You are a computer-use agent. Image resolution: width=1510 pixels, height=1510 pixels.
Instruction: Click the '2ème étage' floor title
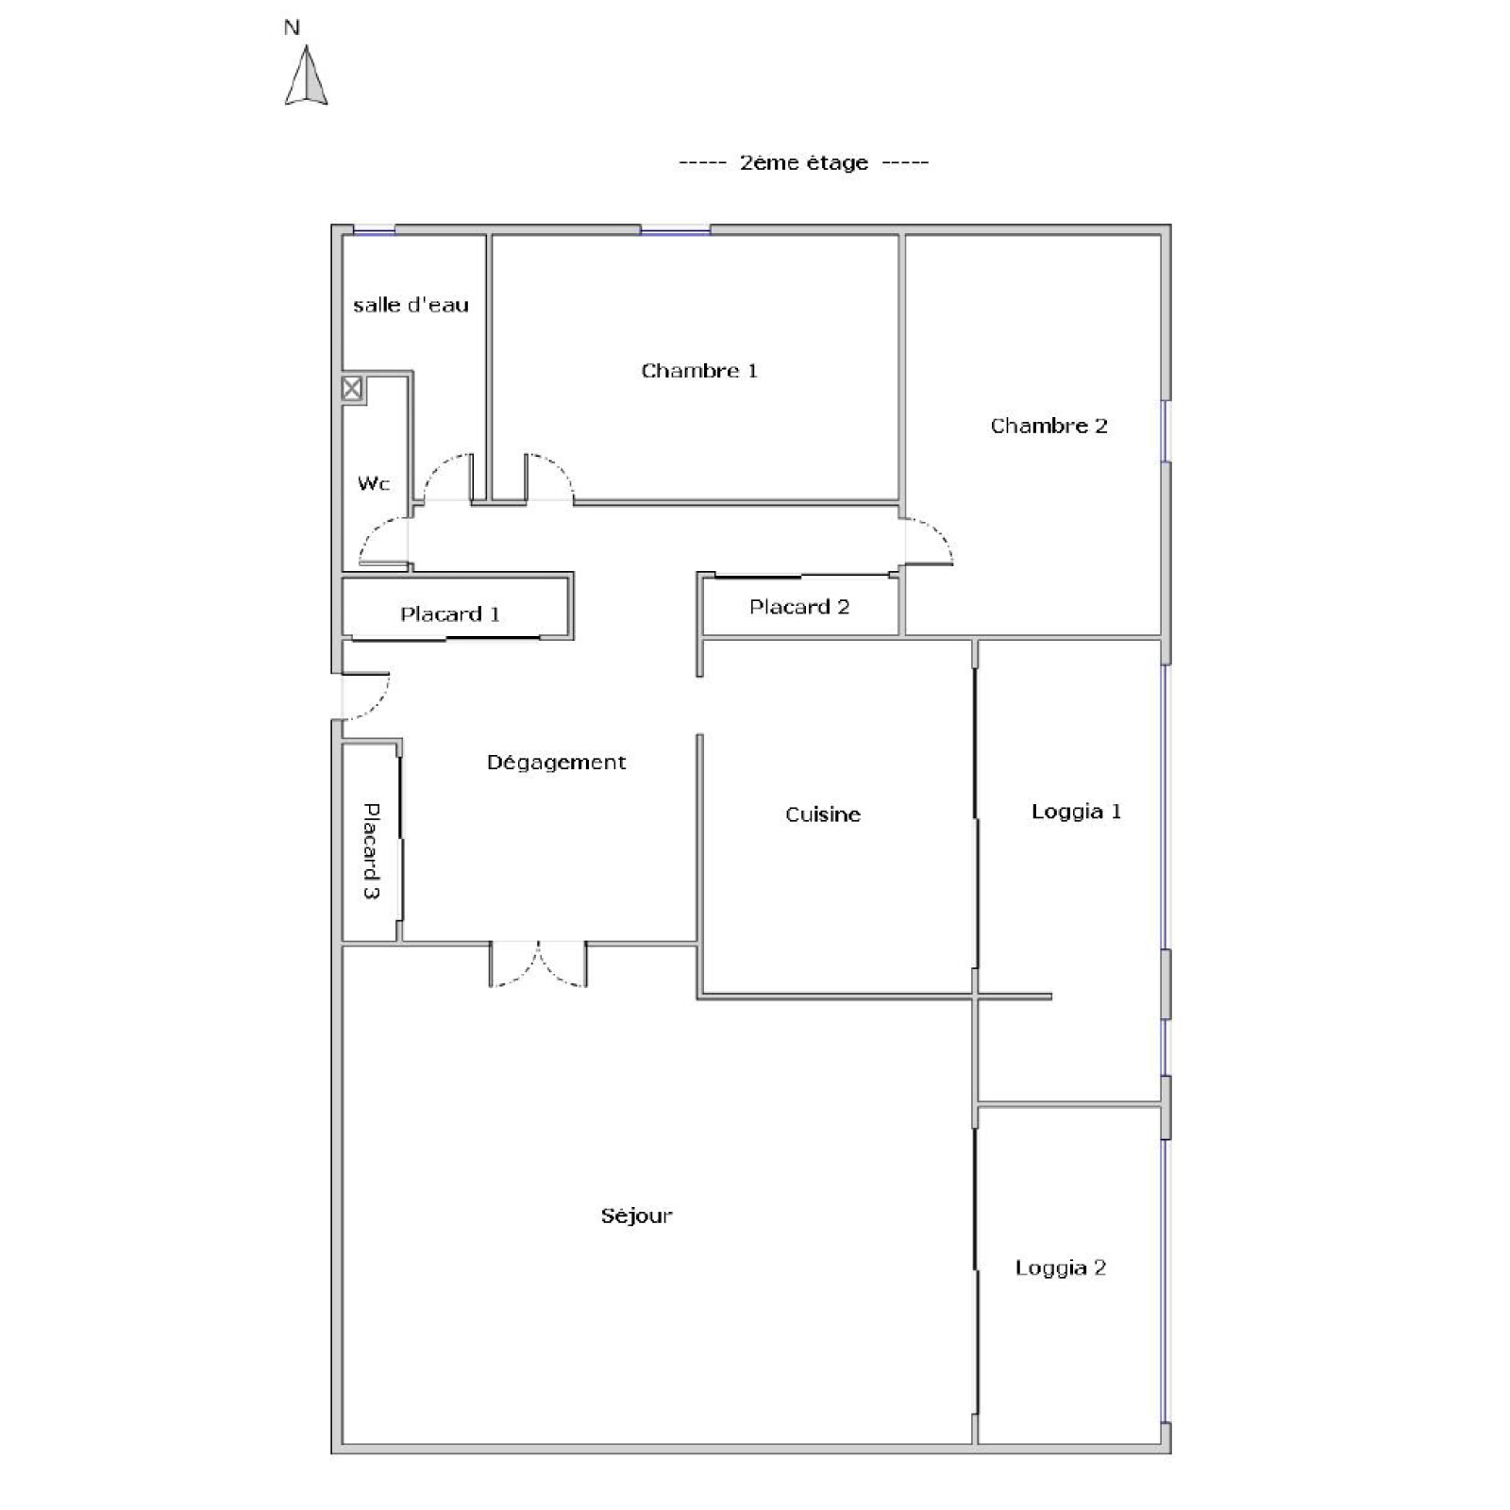[804, 162]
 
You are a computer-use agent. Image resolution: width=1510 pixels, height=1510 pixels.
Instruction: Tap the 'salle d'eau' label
[411, 305]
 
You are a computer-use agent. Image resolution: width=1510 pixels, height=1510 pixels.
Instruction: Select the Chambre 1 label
[699, 371]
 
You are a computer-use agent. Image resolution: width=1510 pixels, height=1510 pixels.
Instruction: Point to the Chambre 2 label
[1049, 426]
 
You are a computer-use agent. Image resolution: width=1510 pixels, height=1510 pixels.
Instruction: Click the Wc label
[374, 483]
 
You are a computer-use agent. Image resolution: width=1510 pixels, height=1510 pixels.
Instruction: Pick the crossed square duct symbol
[352, 388]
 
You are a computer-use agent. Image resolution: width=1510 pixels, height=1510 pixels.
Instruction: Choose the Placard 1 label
[450, 614]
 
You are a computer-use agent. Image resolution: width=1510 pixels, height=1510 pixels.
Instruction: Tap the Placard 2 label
[799, 607]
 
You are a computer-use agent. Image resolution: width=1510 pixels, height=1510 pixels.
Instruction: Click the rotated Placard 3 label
[372, 850]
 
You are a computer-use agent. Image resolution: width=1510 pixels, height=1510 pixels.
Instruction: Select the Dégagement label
[556, 763]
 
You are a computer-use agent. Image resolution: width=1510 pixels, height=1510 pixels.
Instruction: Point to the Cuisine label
[823, 814]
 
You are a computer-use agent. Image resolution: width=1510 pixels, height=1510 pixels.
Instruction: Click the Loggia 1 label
[1076, 812]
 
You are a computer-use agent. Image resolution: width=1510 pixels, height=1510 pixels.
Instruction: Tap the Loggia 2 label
[1060, 1267]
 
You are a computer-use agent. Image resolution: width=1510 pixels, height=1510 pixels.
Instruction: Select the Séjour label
[637, 1216]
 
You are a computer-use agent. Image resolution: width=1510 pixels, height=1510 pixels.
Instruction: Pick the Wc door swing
[383, 543]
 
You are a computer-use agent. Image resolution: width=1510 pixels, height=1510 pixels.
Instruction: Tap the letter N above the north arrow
[292, 28]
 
